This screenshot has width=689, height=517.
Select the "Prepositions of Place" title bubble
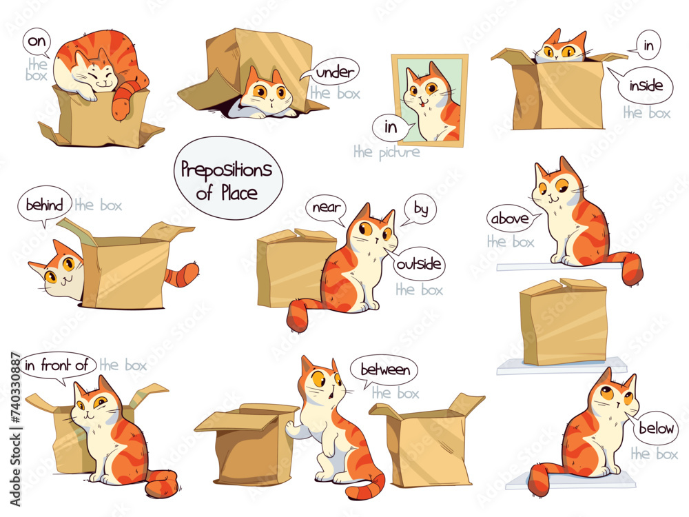[227, 179]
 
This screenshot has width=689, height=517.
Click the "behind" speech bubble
[45, 205]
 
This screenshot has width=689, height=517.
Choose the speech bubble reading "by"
[420, 207]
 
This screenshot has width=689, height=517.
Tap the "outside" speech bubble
[419, 264]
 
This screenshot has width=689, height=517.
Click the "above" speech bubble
[509, 219]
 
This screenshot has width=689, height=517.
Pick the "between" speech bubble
[384, 370]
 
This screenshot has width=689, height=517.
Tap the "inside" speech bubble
[646, 86]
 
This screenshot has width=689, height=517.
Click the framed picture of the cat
[431, 100]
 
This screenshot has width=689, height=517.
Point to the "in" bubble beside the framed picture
[391, 127]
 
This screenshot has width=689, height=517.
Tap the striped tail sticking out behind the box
[185, 274]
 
